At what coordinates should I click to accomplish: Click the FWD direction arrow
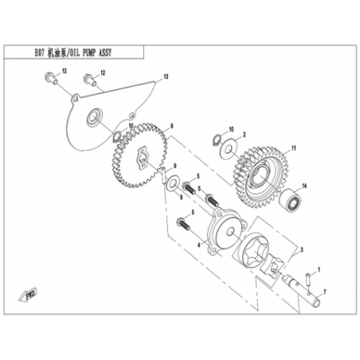pyautogui.click(x=28, y=294)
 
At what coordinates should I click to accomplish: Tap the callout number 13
pyautogui.click(x=166, y=77)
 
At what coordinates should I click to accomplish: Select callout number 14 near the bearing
pyautogui.click(x=304, y=186)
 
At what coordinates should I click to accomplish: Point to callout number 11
pyautogui.click(x=294, y=148)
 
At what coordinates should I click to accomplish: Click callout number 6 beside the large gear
pyautogui.click(x=172, y=126)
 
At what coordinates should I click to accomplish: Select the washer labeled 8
pyautogui.click(x=172, y=183)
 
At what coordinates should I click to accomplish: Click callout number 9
pyautogui.click(x=175, y=166)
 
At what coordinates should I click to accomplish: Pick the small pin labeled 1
pyautogui.click(x=309, y=280)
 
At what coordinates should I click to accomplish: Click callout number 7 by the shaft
pyautogui.click(x=324, y=292)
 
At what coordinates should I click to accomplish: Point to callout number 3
pyautogui.click(x=302, y=249)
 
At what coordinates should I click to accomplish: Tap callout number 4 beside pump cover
pyautogui.click(x=198, y=245)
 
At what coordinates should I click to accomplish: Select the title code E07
pyautogui.click(x=40, y=53)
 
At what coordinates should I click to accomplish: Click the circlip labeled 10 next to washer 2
pyautogui.click(x=217, y=139)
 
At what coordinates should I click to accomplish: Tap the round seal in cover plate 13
pyautogui.click(x=94, y=116)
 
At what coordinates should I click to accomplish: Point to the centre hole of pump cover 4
pyautogui.click(x=230, y=232)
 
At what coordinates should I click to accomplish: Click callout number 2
pyautogui.click(x=245, y=135)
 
